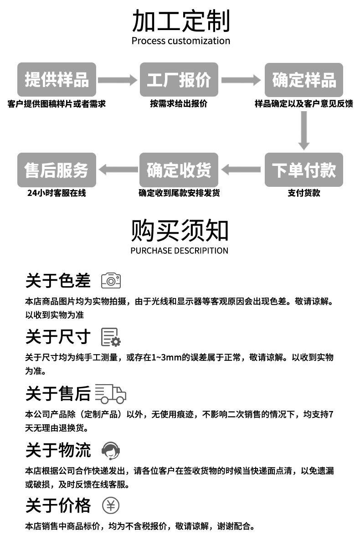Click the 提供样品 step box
click(57, 80)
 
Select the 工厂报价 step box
click(179, 80)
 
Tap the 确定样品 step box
click(304, 80)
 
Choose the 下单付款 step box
click(304, 170)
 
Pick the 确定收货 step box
click(179, 170)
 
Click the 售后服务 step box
click(57, 170)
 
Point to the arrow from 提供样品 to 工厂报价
click(117, 80)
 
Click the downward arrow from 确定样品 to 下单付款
click(304, 130)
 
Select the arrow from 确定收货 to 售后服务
click(118, 170)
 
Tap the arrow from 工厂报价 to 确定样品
click(241, 80)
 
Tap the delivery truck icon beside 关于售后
click(110, 393)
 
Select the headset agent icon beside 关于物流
click(110, 450)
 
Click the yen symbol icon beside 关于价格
click(110, 505)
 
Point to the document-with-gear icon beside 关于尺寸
click(111, 337)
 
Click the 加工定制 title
click(180, 21)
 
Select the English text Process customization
click(180, 41)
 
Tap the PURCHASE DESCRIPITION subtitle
click(179, 250)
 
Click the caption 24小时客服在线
click(57, 193)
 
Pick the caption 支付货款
click(304, 193)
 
